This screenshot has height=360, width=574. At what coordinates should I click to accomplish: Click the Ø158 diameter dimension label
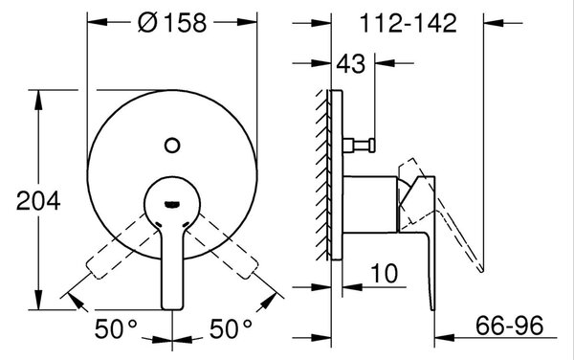pyautogui.click(x=172, y=23)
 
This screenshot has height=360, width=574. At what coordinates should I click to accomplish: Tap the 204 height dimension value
pyautogui.click(x=38, y=201)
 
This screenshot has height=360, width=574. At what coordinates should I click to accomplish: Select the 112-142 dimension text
pyautogui.click(x=408, y=23)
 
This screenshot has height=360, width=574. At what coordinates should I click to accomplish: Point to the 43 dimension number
pyautogui.click(x=351, y=64)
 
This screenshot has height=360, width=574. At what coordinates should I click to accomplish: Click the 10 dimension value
pyautogui.click(x=384, y=273)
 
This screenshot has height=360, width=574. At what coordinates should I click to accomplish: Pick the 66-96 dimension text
pyautogui.click(x=510, y=326)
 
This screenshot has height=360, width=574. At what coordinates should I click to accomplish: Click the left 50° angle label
pyautogui.click(x=116, y=328)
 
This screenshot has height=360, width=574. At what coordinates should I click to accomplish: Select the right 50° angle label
pyautogui.click(x=231, y=328)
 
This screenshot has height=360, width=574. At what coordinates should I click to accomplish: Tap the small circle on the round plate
pyautogui.click(x=172, y=146)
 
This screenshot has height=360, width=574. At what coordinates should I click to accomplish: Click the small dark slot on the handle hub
pyautogui.click(x=171, y=204)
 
